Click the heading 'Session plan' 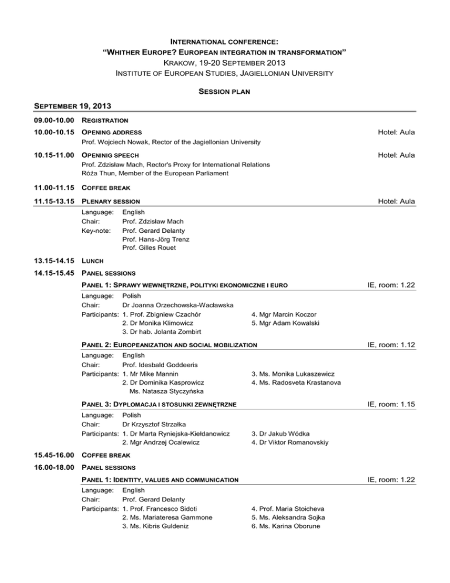point(224,91)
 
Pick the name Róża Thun point(98,174)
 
